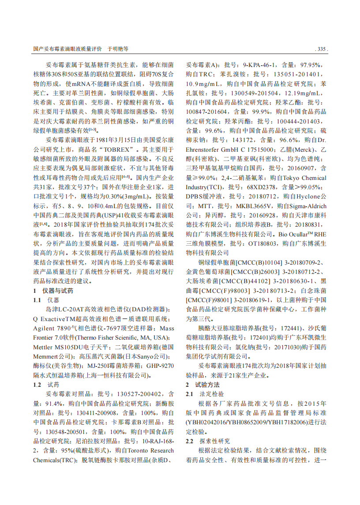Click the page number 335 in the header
tap(321, 49)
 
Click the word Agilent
tap(44, 328)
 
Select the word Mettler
tap(44, 347)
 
